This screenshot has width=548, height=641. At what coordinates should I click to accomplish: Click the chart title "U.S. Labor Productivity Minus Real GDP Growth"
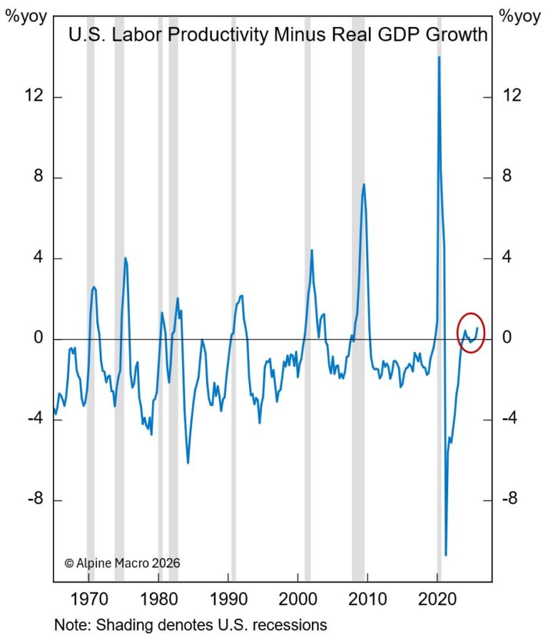(278, 34)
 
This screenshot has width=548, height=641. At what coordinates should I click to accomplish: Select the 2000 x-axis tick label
(298, 597)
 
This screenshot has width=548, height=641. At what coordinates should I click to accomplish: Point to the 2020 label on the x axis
(439, 597)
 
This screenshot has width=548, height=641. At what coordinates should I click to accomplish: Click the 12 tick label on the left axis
(33, 96)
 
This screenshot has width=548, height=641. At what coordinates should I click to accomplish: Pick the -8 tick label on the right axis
(509, 500)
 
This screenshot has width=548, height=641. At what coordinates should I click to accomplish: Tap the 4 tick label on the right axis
(507, 258)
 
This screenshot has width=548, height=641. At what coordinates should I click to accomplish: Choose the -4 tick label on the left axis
(33, 419)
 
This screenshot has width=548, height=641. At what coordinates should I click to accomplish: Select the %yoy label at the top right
(520, 16)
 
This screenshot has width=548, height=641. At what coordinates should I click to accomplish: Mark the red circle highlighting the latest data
(470, 333)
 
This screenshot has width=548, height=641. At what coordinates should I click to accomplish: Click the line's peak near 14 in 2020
(439, 57)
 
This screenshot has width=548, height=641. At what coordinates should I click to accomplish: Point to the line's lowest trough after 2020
(446, 554)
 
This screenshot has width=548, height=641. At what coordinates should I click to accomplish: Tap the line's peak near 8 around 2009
(364, 185)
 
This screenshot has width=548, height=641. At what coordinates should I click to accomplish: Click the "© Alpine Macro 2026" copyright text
(122, 562)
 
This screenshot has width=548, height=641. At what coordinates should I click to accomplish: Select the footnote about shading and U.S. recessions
(191, 625)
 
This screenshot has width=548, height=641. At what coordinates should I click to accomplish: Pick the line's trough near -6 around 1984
(188, 463)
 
